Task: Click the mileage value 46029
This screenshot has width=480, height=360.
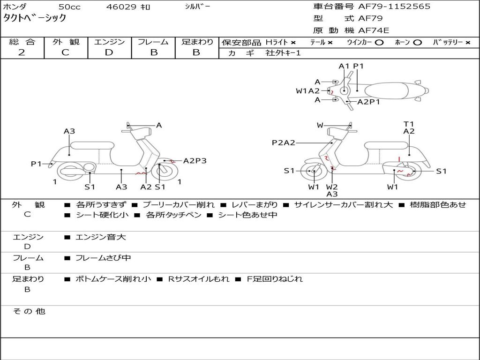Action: (121, 7)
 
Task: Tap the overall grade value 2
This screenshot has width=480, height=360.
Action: (22, 52)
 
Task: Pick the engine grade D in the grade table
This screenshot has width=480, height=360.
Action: (109, 52)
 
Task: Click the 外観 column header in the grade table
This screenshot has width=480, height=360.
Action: (66, 42)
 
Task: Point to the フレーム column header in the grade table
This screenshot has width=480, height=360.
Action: (153, 42)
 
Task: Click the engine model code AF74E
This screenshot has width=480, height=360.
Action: (374, 31)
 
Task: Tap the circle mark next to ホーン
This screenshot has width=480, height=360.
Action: (418, 42)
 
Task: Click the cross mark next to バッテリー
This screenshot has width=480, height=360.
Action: (468, 42)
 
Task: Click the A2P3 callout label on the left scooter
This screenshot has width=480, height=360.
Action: (195, 161)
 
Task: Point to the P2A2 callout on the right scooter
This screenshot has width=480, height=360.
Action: (283, 142)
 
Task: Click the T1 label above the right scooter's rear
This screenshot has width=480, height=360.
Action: (409, 124)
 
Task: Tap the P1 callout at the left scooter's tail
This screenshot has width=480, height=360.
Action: (36, 164)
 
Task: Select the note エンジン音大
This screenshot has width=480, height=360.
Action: (100, 237)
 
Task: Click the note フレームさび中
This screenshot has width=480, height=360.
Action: (103, 258)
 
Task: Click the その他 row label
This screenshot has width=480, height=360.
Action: (29, 311)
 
